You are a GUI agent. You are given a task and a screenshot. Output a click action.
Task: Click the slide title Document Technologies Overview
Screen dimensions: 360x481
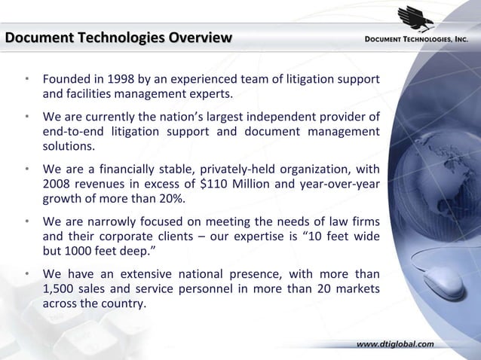point(118,38)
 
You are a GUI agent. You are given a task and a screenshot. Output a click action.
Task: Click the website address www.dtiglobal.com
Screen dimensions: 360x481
point(394,344)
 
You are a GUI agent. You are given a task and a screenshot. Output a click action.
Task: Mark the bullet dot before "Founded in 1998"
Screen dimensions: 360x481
point(26,79)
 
